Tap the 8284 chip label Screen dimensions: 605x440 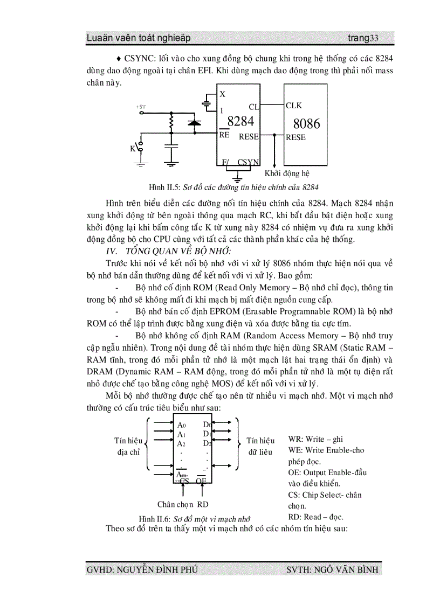pyautogui.click(x=240, y=121)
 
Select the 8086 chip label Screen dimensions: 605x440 pyautogui.click(x=306, y=124)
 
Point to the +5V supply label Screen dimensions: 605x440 pyautogui.click(x=141, y=107)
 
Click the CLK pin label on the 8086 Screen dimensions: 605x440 pyautogui.click(x=294, y=106)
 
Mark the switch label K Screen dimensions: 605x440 pyautogui.click(x=133, y=149)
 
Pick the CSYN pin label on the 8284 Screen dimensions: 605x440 pyautogui.click(x=248, y=162)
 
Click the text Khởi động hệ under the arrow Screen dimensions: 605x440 pyautogui.click(x=287, y=173)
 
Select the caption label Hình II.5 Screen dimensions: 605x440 pyautogui.click(x=164, y=187)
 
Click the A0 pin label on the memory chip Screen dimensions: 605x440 pyautogui.click(x=182, y=425)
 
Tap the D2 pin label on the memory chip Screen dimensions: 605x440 pyautogui.click(x=207, y=443)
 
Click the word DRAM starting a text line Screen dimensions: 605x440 pyautogui.click(x=100, y=372)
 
